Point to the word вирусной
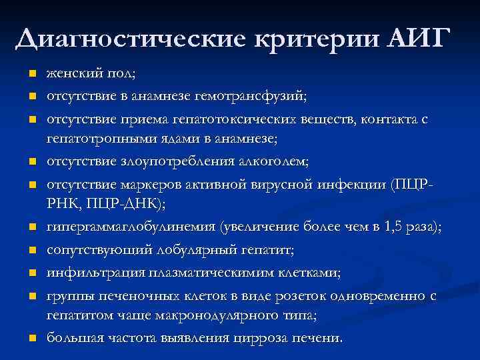(x=281, y=184)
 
